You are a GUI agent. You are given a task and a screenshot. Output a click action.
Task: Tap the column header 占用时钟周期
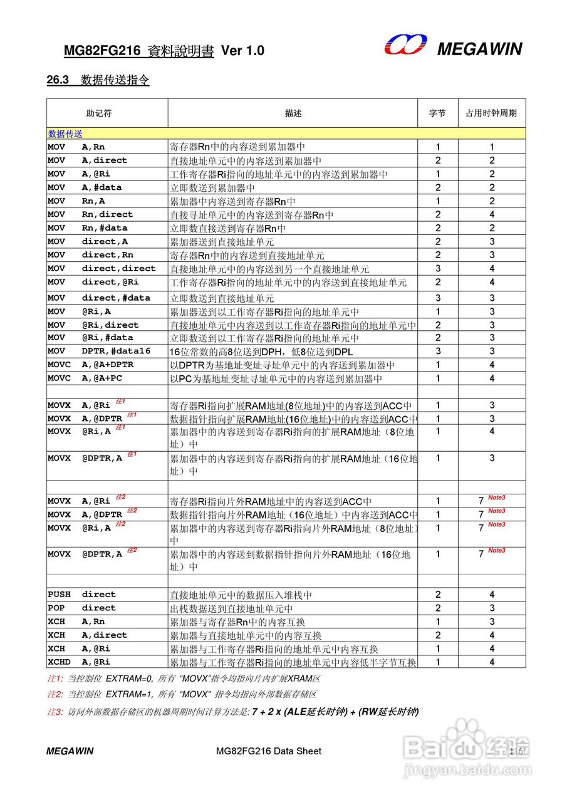click(x=491, y=113)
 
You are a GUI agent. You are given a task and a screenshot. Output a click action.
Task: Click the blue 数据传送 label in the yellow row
click(x=65, y=134)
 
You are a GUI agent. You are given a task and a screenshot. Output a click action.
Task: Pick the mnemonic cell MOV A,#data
click(x=85, y=187)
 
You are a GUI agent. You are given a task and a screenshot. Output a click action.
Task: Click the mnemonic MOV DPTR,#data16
click(x=99, y=351)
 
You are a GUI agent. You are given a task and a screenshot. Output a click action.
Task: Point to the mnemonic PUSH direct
click(x=81, y=594)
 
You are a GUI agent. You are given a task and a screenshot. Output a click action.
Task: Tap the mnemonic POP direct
click(x=81, y=608)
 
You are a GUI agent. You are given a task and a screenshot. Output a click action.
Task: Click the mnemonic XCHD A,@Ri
click(x=79, y=662)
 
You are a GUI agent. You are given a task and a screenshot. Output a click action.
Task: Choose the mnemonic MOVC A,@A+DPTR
click(x=91, y=365)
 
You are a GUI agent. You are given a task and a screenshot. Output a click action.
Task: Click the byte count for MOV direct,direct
click(x=438, y=269)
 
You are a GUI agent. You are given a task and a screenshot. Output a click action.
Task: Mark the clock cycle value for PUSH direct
click(x=492, y=595)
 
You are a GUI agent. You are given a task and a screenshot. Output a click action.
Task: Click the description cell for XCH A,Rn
click(x=237, y=622)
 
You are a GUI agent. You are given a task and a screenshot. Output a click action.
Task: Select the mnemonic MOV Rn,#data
click(x=87, y=228)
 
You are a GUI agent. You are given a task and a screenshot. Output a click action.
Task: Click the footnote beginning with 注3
click(x=232, y=712)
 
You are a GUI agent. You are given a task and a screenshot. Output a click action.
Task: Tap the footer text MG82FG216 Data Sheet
click(x=268, y=751)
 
